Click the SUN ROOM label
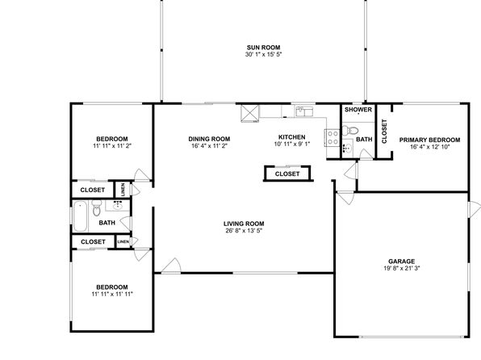tap(263, 48)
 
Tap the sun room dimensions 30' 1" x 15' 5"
tap(263, 55)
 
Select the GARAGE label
tap(402, 262)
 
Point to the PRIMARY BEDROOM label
tap(429, 140)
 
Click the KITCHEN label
tap(291, 137)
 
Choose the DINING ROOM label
tap(209, 139)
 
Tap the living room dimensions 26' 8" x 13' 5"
tap(244, 231)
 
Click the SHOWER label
tap(358, 110)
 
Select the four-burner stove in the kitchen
tap(333, 137)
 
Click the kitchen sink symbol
tap(304, 111)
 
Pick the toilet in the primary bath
tap(350, 131)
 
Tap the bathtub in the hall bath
tap(81, 216)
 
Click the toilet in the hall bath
tap(97, 208)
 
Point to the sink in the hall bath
tap(118, 205)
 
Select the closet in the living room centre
tap(287, 174)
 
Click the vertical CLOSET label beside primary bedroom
tap(384, 132)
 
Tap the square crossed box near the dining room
tap(250, 114)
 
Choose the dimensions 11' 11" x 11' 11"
tap(112, 295)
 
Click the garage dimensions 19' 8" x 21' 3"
tap(402, 268)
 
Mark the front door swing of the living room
tap(172, 266)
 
